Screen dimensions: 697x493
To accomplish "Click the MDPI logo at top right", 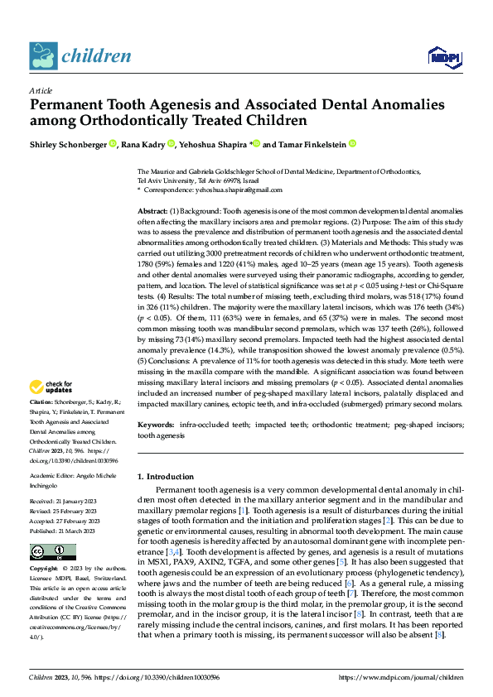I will click(443, 56).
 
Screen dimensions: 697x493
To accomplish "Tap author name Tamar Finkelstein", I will click(312, 143).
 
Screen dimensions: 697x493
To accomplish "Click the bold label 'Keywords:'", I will click(157, 424).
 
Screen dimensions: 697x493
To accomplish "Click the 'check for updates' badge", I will click(52, 388).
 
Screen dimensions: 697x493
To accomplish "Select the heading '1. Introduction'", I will click(171, 476).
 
